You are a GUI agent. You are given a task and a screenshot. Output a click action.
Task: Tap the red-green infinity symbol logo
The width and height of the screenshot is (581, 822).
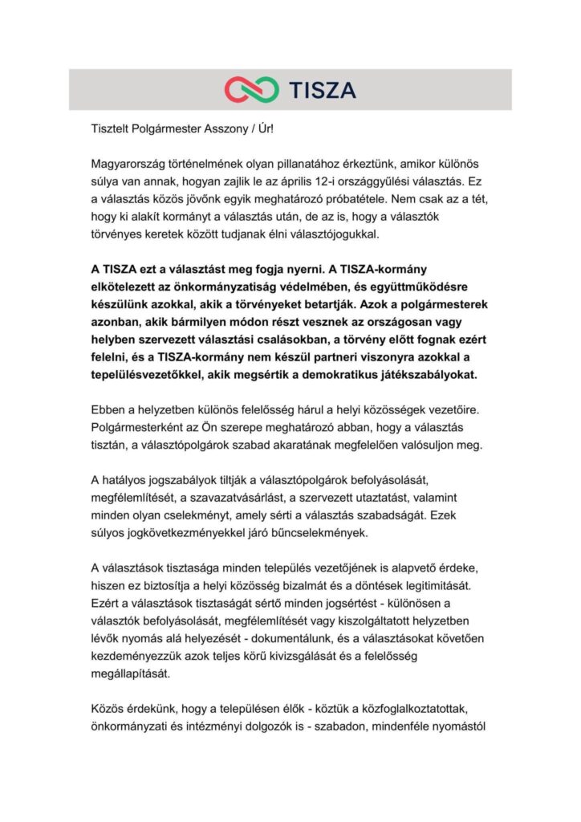(252, 89)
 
